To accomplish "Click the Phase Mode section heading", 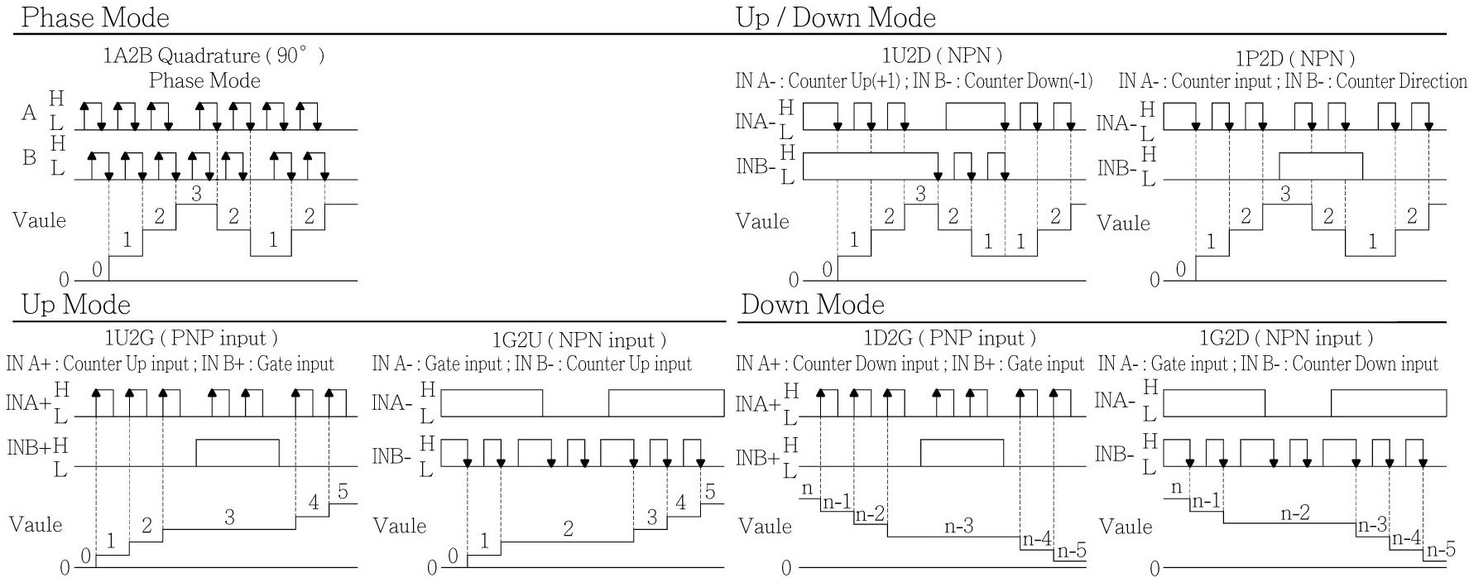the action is (x=94, y=17).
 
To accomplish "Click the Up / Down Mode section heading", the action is (x=836, y=17).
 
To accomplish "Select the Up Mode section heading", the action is (x=75, y=305).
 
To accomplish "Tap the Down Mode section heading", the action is (x=813, y=305).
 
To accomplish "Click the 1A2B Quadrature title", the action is (x=214, y=56).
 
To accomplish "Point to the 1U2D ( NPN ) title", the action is (x=942, y=56).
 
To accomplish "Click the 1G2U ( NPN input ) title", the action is (x=579, y=340).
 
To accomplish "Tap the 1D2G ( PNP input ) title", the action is (x=949, y=339).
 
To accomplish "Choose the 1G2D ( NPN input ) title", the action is (x=1286, y=339).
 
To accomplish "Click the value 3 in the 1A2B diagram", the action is (x=196, y=194).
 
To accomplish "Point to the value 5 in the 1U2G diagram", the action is (x=343, y=491).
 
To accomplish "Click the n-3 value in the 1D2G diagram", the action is (x=959, y=525).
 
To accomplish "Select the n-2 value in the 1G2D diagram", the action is (x=1295, y=513).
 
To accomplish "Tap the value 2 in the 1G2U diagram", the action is (x=568, y=529).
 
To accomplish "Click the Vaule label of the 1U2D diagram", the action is (x=762, y=221).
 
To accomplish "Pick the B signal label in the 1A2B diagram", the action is (x=30, y=157).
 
